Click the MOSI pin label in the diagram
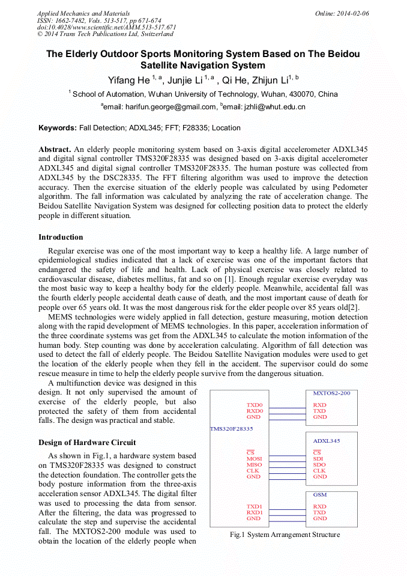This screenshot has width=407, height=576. coord(254,459)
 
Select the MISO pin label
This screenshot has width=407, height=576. coord(254,465)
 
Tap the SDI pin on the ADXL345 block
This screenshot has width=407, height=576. coord(318,459)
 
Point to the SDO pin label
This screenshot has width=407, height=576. coord(319,465)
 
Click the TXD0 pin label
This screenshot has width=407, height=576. coord(255,405)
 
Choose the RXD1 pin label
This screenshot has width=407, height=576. coord(255,512)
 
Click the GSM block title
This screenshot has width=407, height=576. coord(320,494)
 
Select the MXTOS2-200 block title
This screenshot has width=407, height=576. coord(331,393)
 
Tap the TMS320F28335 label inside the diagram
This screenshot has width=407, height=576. coord(231,429)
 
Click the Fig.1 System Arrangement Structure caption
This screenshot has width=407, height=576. coord(285,535)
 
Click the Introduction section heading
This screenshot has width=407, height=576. coord(61,237)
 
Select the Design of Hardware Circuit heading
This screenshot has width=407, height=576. coord(87,443)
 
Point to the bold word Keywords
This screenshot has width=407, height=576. coord(57,128)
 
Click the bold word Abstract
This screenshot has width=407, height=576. coord(55,149)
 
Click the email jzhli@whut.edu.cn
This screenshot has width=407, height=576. coord(274,107)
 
